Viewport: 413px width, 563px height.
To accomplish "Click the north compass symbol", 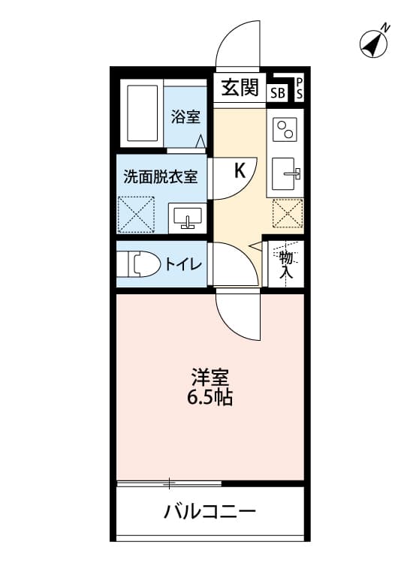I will tap(374, 44).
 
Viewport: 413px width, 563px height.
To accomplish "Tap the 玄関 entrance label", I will tap(240, 88).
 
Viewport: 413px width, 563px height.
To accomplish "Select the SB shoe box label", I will tap(277, 93).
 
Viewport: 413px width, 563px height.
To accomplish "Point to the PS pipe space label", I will tap(298, 88).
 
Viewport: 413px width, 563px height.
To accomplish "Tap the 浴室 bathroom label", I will tap(185, 117).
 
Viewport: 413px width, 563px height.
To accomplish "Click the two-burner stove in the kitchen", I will tap(285, 132).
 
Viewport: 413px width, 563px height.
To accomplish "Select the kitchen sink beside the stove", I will tap(285, 176).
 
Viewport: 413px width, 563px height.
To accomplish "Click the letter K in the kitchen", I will tap(240, 170).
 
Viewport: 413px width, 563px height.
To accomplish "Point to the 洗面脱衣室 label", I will tap(161, 177).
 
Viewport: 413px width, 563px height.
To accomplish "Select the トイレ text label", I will tap(183, 263).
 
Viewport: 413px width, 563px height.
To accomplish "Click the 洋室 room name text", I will tap(210, 376).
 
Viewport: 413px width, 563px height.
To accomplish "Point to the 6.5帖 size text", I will tap(210, 397).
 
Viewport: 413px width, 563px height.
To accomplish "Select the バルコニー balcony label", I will tap(210, 513).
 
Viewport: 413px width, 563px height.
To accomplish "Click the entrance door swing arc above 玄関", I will tap(238, 45).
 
